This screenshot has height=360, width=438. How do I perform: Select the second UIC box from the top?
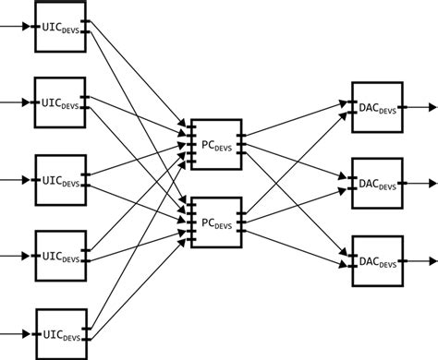coord(60,102)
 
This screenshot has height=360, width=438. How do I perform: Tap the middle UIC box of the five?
coord(60,179)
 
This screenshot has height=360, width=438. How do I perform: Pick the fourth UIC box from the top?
coord(60,256)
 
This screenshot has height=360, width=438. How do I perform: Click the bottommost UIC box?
coord(60,333)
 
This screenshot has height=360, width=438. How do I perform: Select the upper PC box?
coord(214,143)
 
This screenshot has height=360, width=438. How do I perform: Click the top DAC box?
coord(377,107)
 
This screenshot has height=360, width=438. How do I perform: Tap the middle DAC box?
coord(377,184)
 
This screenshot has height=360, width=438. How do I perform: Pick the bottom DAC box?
coord(377,261)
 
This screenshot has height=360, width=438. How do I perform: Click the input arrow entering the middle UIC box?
coord(17,179)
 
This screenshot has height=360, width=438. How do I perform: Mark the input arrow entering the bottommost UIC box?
coord(17,333)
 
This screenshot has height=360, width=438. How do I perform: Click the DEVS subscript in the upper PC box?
coord(225,147)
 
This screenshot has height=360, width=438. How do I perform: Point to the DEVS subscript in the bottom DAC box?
coord(388,265)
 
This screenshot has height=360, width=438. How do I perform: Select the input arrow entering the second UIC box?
coord(17,102)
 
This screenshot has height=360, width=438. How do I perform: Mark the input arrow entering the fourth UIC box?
coord(17,256)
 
